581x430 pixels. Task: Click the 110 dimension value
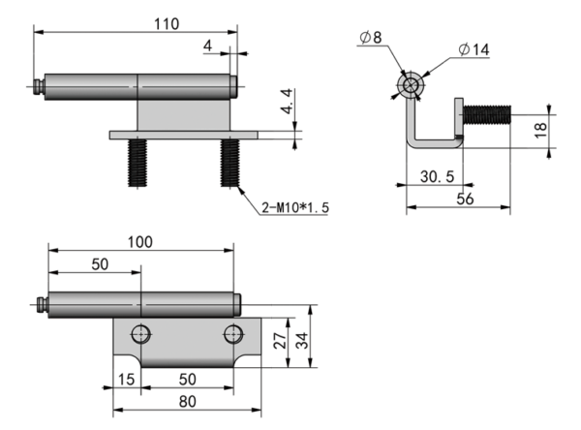click(166, 24)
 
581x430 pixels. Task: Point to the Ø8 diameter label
click(370, 38)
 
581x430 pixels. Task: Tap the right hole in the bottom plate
click(233, 334)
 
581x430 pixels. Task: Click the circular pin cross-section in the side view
click(411, 85)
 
